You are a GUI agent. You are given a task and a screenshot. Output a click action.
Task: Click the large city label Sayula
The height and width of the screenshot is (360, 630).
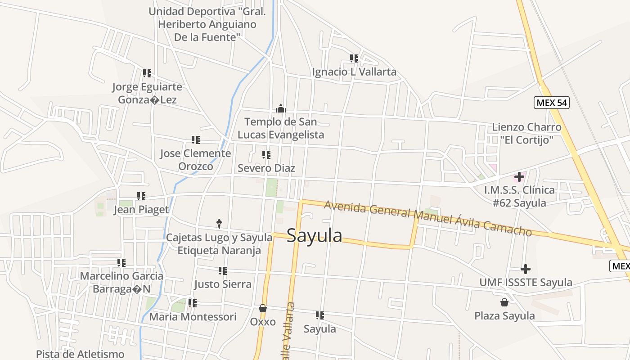[314, 235]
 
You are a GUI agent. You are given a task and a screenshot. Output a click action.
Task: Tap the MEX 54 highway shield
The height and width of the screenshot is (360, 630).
[552, 103]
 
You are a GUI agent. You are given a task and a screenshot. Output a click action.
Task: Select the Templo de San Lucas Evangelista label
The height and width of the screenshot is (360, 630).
[281, 128]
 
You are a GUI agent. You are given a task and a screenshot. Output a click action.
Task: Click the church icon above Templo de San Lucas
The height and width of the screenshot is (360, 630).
[281, 108]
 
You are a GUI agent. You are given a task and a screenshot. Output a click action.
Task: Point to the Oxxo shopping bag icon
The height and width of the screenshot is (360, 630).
[263, 308]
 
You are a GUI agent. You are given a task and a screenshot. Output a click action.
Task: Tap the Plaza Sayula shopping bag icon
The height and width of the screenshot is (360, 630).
[504, 302]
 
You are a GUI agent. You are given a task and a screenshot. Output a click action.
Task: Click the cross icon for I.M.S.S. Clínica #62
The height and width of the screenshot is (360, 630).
[519, 176]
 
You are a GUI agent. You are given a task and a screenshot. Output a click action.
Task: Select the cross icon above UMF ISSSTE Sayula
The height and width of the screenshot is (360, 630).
[526, 269]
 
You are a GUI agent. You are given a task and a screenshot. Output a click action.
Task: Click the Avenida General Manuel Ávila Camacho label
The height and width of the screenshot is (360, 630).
[427, 218]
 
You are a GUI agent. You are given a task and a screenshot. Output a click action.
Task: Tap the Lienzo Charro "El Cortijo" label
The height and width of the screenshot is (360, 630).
[526, 134]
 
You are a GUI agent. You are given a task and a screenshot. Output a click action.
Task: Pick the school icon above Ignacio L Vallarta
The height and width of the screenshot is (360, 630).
[354, 58]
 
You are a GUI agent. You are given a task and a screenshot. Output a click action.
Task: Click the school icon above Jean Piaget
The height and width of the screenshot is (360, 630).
[141, 196]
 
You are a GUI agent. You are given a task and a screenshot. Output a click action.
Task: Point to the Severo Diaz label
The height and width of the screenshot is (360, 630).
[266, 168]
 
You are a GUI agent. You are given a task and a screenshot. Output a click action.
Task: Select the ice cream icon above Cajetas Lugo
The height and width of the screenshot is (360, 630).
[219, 223]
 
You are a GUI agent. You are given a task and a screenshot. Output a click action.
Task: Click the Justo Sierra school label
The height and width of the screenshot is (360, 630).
[223, 284]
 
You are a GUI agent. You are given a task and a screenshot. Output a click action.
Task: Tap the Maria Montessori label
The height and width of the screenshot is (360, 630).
[193, 317]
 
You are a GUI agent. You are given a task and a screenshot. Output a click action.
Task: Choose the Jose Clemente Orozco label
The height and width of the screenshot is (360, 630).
[195, 160]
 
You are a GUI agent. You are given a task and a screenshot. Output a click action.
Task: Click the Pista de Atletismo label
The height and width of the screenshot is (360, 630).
[80, 354]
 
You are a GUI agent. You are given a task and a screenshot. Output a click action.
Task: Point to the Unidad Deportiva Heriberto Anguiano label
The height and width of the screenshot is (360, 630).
[207, 24]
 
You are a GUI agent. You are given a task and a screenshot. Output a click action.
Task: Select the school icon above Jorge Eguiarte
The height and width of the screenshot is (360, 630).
[147, 73]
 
